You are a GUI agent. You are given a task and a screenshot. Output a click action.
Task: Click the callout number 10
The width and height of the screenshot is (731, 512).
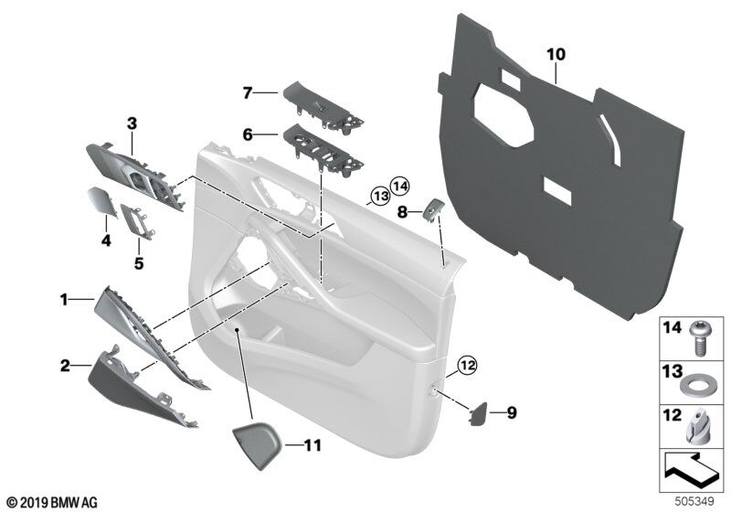click(556, 55)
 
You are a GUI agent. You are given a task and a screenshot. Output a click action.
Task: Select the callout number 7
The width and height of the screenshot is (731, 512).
click(247, 91)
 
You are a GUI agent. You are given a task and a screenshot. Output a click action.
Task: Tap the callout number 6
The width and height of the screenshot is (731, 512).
click(247, 133)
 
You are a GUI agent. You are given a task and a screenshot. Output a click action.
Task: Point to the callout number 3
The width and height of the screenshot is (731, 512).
click(132, 122)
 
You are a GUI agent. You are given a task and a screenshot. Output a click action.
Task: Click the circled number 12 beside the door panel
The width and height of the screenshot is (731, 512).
click(467, 368)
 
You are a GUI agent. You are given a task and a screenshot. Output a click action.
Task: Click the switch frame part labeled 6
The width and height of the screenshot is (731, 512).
click(323, 146)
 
